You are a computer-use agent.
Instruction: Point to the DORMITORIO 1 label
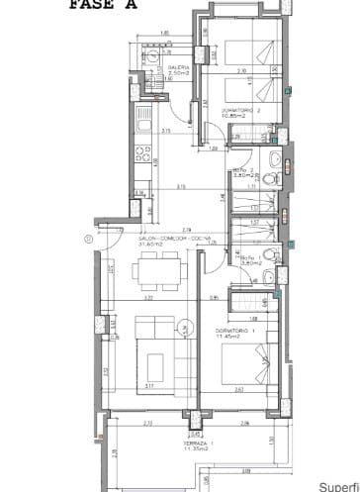pos(236,330)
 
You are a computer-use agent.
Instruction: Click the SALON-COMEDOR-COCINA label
pos(163,239)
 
